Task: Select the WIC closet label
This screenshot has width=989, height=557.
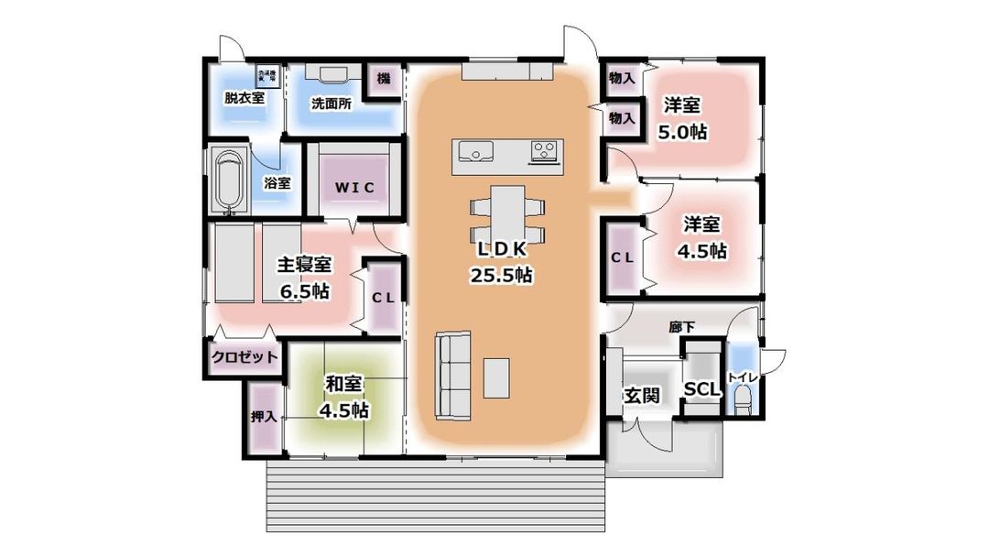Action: tap(353, 187)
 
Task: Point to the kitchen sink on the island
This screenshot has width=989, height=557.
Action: tap(473, 151)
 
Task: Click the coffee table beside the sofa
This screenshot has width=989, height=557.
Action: tap(495, 377)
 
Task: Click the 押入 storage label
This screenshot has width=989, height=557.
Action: tap(264, 417)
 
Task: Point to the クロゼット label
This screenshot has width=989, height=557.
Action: tap(245, 357)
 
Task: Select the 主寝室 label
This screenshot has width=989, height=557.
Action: tap(305, 266)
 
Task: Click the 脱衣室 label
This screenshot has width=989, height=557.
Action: tap(245, 97)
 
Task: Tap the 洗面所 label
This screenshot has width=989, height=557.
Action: tap(331, 104)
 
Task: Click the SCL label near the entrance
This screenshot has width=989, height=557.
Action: tap(703, 389)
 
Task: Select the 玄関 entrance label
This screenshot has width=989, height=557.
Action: tap(642, 397)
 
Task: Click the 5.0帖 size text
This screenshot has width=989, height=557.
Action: tap(682, 131)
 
